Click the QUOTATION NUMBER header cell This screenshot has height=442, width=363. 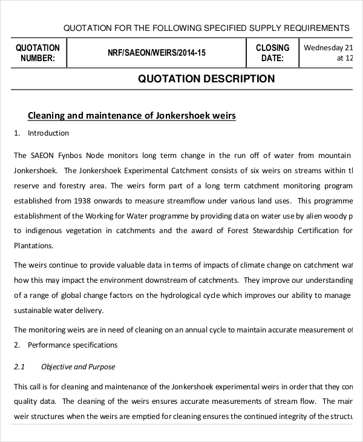click(38, 53)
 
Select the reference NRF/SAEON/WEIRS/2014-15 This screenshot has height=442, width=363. click(156, 53)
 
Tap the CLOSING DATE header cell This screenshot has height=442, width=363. click(272, 53)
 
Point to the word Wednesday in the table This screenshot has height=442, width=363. click(324, 48)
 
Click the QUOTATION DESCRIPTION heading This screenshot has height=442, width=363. click(206, 79)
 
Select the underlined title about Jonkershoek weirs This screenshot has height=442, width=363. click(132, 115)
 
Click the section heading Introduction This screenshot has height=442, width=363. click(48, 133)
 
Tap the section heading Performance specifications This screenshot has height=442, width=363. click(73, 345)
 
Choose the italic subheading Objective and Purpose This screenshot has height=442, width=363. click(77, 367)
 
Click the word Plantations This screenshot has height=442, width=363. click(34, 246)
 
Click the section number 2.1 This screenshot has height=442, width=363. click(19, 367)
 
